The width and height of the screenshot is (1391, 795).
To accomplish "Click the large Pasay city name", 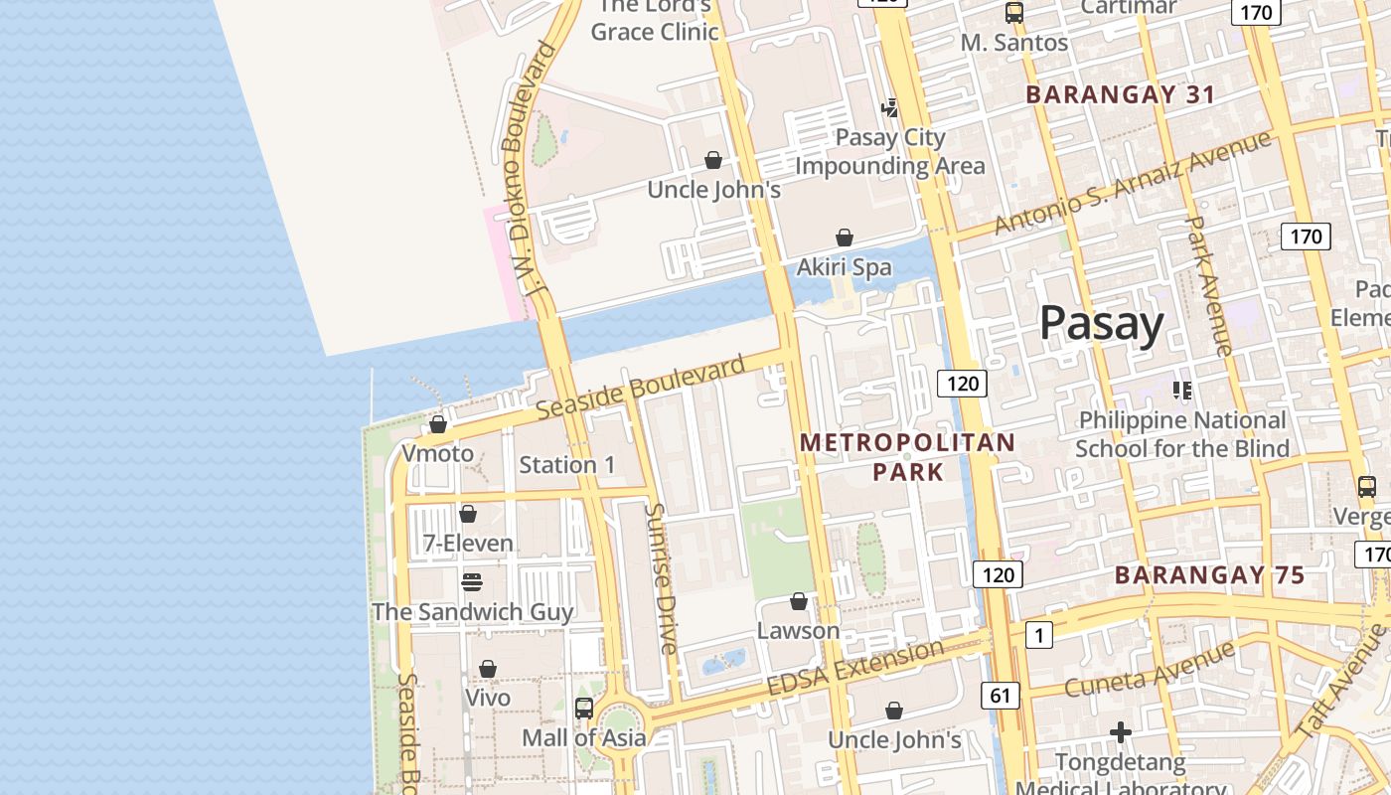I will coord(1101,325).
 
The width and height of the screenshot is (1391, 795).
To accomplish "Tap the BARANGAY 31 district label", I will coord(1120,94).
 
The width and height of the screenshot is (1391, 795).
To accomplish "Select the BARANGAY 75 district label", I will coord(1209,574).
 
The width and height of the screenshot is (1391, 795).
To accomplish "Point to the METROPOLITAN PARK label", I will coord(907,456).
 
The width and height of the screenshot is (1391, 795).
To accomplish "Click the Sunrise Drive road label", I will coord(660,577).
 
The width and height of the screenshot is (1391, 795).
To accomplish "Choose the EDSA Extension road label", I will coord(854,668).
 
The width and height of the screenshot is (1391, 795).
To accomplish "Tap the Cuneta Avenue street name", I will coord(1150,669).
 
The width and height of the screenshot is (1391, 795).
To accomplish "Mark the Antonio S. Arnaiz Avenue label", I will coord(1132,182).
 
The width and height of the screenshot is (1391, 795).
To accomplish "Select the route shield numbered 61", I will coord(1000,696).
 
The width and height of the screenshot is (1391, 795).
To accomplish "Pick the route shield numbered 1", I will coord(1038,634).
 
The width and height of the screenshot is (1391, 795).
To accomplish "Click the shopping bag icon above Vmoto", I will coord(437,424).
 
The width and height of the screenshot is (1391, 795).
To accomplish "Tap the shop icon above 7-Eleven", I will coord(467,514).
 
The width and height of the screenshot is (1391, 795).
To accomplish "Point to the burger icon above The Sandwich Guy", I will coord(472,581).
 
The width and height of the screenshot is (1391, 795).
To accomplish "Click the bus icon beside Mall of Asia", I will coord(584,709).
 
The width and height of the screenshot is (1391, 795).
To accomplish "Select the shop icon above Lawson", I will coord(798,601).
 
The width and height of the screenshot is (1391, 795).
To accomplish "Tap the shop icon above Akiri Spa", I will coord(844,238).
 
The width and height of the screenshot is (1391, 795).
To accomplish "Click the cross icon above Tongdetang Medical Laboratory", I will coord(1121,732).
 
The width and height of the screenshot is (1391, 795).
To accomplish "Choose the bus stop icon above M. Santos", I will coord(1013,13).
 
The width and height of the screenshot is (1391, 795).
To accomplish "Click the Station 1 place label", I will coord(567,464).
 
